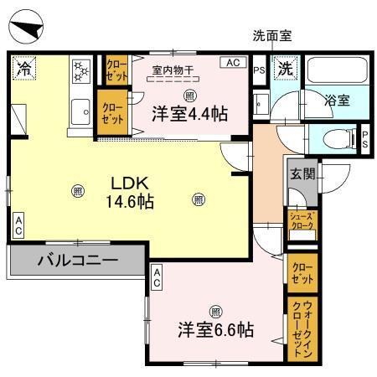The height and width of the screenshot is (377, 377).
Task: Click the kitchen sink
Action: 82,110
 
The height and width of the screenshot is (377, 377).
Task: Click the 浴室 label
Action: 338,99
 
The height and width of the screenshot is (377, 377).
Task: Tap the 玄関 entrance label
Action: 301,175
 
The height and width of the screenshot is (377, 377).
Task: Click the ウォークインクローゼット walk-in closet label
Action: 301,328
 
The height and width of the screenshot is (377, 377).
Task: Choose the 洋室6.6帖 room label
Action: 215,329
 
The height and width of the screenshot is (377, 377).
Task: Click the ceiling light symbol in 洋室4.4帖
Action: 190,94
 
